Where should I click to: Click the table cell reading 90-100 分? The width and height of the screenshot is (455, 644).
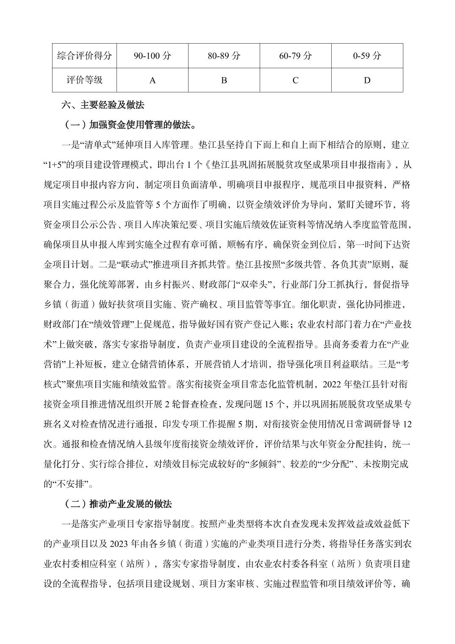click(153, 56)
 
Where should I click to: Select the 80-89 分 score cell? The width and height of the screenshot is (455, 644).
click(224, 56)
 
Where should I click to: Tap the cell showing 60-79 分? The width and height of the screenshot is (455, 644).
click(295, 56)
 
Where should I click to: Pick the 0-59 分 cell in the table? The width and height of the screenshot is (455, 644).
click(367, 56)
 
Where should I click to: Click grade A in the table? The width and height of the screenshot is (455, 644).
click(153, 80)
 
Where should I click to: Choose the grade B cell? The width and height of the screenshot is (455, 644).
click(224, 80)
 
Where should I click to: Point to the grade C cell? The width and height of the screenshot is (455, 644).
click(295, 80)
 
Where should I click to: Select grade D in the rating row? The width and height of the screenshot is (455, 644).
click(367, 80)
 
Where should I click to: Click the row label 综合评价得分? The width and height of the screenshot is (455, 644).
click(84, 56)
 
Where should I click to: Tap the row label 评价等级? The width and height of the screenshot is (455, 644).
click(84, 80)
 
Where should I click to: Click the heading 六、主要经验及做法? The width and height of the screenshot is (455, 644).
click(103, 105)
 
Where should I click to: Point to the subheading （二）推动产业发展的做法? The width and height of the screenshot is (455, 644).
click(117, 504)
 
